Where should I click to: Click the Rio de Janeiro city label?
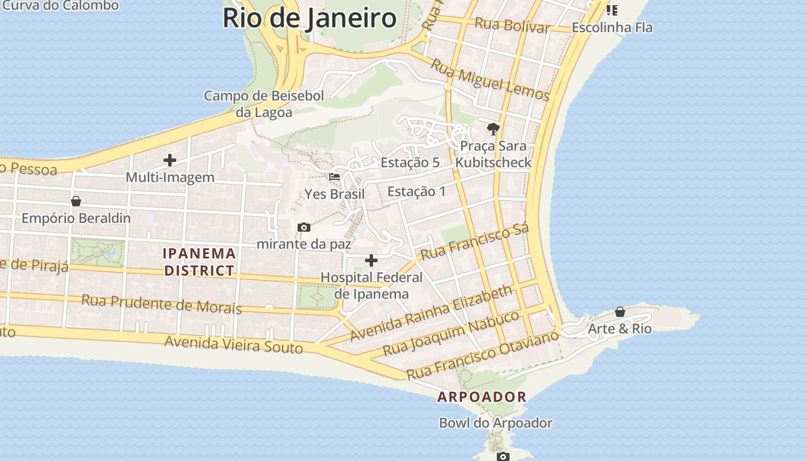click(x=309, y=18)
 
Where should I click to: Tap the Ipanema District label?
click(x=200, y=262)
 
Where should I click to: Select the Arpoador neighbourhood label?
click(x=482, y=397)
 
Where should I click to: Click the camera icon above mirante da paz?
click(x=304, y=228)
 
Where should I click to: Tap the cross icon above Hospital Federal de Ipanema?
click(x=371, y=260)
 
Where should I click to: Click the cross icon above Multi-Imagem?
click(x=170, y=160)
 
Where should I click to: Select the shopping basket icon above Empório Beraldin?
click(x=76, y=201)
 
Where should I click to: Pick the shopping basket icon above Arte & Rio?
click(x=620, y=312)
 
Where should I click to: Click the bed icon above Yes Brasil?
click(x=334, y=177)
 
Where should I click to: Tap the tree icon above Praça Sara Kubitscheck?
click(x=493, y=129)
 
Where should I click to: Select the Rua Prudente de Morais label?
click(x=161, y=304)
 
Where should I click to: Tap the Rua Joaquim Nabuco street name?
click(x=451, y=334)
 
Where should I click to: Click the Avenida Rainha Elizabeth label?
click(x=431, y=313)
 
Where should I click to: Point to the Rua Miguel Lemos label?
click(x=490, y=80)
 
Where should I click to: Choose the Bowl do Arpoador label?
click(x=496, y=423)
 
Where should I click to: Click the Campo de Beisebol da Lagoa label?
click(x=264, y=104)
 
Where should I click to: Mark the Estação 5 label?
click(x=410, y=163)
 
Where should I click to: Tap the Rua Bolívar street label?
click(x=512, y=25)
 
